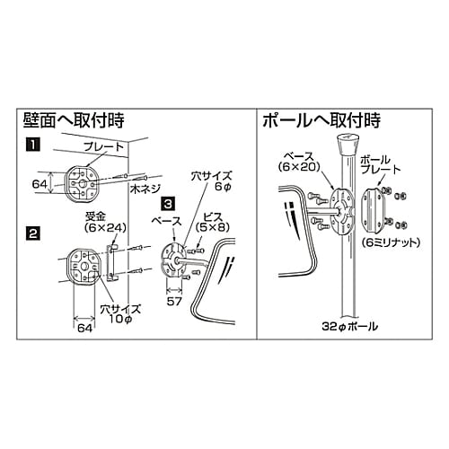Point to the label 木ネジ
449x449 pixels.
point(145,190)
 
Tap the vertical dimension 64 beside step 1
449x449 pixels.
point(40,183)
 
